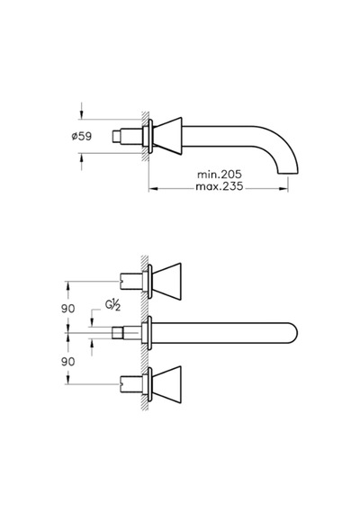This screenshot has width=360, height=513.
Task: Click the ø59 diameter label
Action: point(82,136)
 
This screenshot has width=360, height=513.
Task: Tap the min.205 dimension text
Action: point(220,174)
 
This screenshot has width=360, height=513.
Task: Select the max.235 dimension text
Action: point(220,186)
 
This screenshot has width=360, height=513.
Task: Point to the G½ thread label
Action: point(112,305)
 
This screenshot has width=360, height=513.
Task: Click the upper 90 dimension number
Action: point(68,308)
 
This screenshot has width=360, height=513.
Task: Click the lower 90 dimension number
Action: point(68,362)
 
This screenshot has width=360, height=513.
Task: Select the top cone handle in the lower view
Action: point(166,282)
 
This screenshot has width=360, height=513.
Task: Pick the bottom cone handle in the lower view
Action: point(166,384)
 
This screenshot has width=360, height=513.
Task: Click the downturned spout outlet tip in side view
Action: point(288,173)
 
